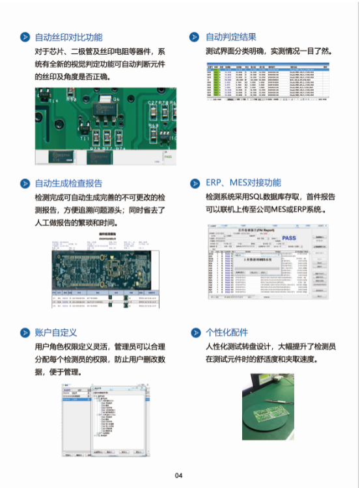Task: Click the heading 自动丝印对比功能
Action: click(x=68, y=37)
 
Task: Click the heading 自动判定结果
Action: click(x=231, y=37)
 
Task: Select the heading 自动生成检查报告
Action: click(x=68, y=183)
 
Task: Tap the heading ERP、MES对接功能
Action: click(x=243, y=183)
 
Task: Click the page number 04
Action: click(x=179, y=476)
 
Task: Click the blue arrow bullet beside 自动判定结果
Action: click(x=194, y=37)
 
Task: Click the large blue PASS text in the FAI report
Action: click(x=288, y=238)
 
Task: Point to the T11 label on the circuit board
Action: click(x=85, y=138)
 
